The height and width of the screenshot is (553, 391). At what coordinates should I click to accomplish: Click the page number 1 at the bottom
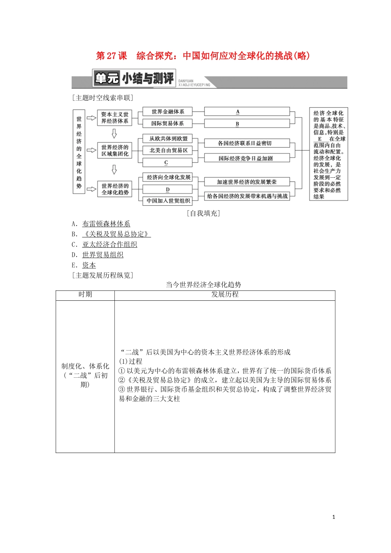(334, 517)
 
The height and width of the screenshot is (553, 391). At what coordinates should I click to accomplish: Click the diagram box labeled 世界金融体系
(168, 112)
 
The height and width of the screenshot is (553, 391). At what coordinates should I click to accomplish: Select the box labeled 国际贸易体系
(168, 123)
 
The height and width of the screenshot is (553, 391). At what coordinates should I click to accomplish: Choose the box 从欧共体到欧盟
(168, 139)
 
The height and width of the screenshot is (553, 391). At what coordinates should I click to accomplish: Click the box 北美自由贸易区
(168, 151)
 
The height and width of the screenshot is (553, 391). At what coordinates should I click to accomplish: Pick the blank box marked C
(167, 163)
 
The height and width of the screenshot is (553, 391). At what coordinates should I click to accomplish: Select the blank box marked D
(168, 189)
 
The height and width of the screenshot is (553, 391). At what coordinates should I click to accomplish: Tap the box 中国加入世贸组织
(168, 201)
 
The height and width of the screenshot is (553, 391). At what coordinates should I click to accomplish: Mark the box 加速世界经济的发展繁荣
(247, 182)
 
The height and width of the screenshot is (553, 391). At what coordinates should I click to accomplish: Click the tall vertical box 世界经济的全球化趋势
(79, 152)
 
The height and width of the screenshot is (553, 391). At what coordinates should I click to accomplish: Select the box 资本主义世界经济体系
(114, 118)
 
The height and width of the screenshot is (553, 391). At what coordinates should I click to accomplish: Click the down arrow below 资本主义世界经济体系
(114, 134)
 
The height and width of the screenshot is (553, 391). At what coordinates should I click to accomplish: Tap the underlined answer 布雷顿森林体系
(106, 224)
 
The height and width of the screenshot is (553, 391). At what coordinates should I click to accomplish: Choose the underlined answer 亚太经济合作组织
(109, 244)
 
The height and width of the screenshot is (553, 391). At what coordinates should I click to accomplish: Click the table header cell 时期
(85, 295)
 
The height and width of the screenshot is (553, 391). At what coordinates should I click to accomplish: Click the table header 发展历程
(225, 295)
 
